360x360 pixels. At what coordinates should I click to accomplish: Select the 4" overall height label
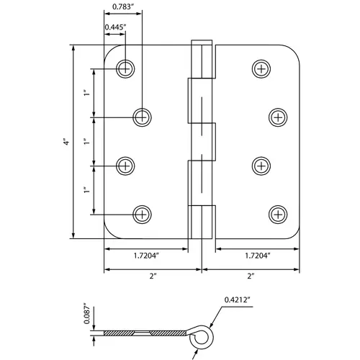[x=65, y=142]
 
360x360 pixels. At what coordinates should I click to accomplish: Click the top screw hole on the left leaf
[x=126, y=68]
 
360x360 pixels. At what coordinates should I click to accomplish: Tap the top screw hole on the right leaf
[x=261, y=68]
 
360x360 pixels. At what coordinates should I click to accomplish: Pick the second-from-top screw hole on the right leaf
[x=278, y=117]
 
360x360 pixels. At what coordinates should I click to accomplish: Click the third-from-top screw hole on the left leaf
[x=126, y=165]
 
